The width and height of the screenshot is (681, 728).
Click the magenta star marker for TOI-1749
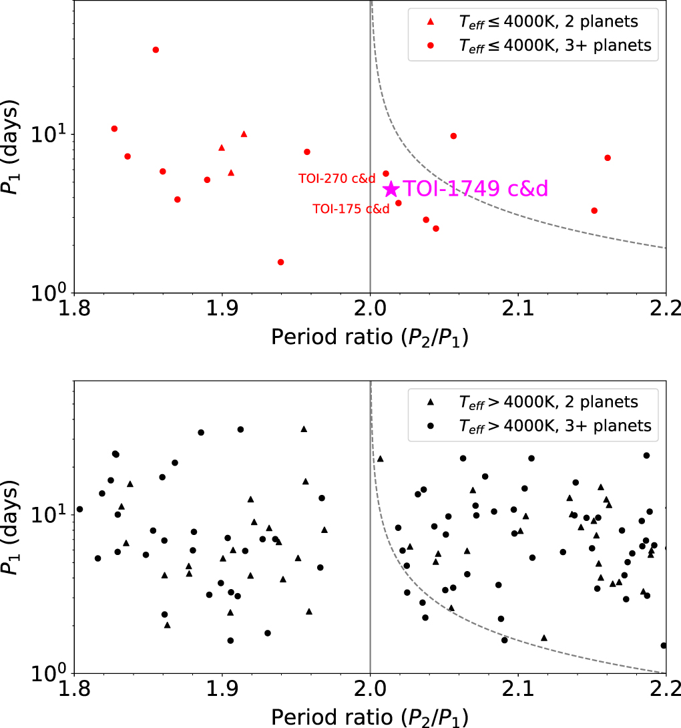[x=391, y=190]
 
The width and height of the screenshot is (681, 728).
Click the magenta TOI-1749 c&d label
[x=475, y=189]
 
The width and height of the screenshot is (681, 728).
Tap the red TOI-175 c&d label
[x=351, y=208]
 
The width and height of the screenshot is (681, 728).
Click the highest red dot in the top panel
[x=156, y=50]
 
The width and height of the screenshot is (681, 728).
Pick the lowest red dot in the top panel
[x=280, y=262]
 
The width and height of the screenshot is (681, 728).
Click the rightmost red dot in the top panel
[x=608, y=158]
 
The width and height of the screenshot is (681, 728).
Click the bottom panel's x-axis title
[x=369, y=717]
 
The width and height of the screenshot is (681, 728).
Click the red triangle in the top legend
[x=431, y=22]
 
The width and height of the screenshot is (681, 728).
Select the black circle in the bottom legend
[x=431, y=425]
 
